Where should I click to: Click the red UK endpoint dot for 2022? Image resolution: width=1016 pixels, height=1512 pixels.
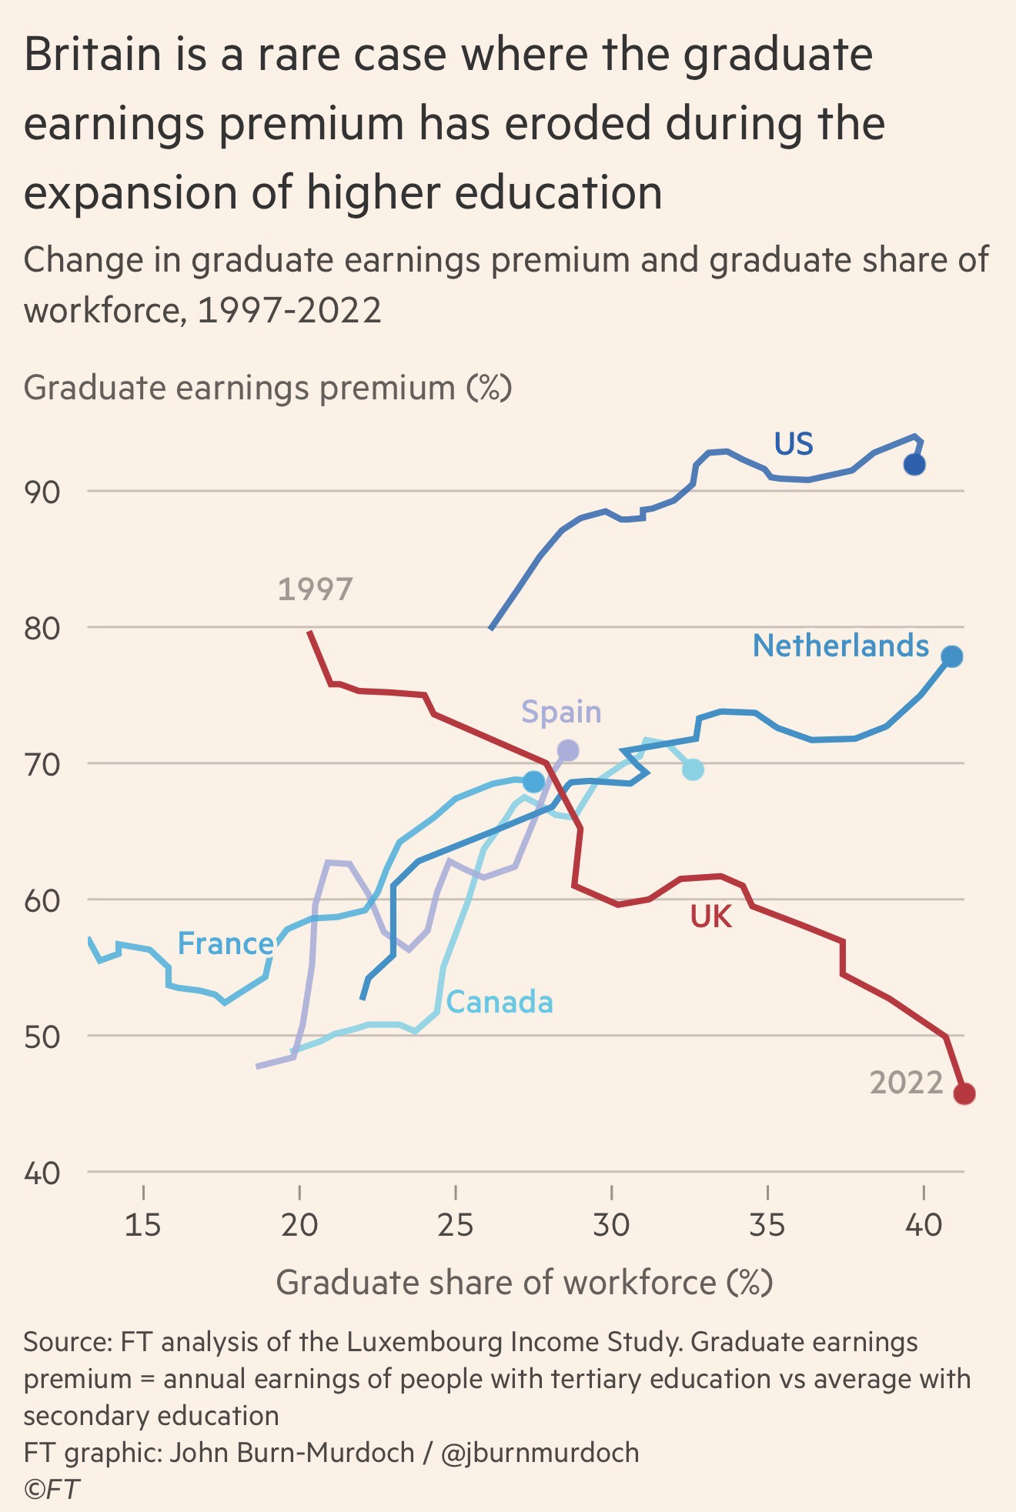[x=964, y=1093]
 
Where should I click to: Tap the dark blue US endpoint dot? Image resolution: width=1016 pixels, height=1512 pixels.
[x=914, y=465]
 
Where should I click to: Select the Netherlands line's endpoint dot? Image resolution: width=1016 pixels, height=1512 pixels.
[x=952, y=656]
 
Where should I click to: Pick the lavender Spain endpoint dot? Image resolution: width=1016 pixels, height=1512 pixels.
[x=568, y=749]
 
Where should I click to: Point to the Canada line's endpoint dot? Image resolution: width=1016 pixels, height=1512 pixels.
[x=693, y=769]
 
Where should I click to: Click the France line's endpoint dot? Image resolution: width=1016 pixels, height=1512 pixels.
[x=533, y=782]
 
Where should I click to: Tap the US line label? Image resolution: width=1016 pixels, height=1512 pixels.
[x=794, y=444]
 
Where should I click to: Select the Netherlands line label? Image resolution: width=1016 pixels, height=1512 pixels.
[x=841, y=646]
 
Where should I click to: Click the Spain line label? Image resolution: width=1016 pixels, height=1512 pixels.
[x=561, y=712]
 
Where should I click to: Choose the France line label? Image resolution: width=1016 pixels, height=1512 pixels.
[x=226, y=943]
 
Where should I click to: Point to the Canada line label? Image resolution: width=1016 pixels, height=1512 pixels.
[x=500, y=1002]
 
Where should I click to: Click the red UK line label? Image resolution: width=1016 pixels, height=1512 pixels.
[x=710, y=916]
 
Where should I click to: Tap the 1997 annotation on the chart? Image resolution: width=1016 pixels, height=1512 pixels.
[x=315, y=589]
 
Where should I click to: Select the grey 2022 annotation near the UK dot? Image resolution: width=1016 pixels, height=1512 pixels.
[x=906, y=1083]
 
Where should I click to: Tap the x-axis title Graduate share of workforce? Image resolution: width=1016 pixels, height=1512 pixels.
[x=524, y=1283]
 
